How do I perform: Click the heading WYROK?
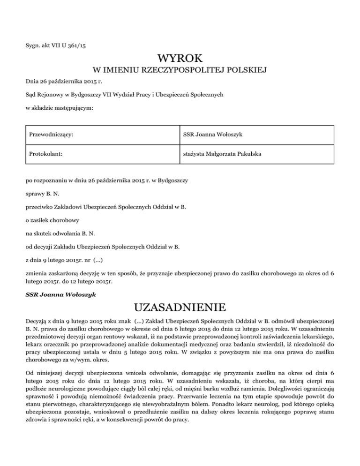(180, 59)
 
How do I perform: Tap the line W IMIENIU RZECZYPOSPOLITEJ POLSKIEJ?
(180, 71)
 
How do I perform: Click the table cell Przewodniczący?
(52, 135)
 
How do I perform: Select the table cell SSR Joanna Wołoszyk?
(212, 135)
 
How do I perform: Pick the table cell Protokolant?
(46, 153)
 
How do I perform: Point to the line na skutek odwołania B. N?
(60, 231)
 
